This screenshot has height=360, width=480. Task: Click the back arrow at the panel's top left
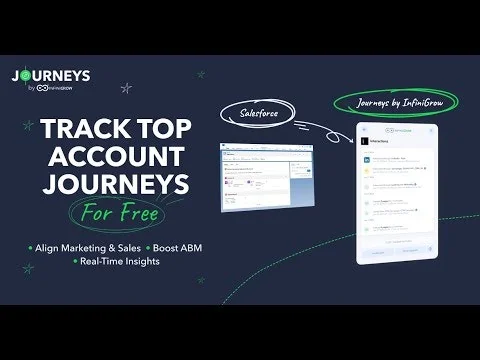[365, 129]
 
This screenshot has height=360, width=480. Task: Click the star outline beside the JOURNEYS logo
[126, 88]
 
